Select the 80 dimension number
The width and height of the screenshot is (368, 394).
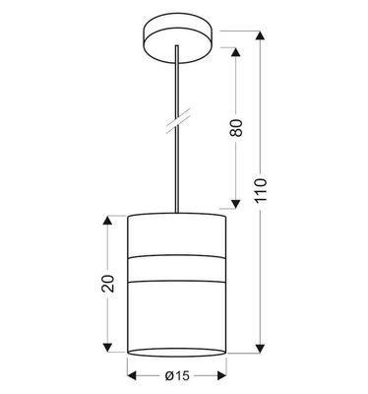coord(236,129)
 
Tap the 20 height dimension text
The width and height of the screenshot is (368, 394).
coord(108,283)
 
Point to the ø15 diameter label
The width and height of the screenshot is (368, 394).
coord(178,375)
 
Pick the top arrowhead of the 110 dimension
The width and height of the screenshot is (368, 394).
coord(260,34)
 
